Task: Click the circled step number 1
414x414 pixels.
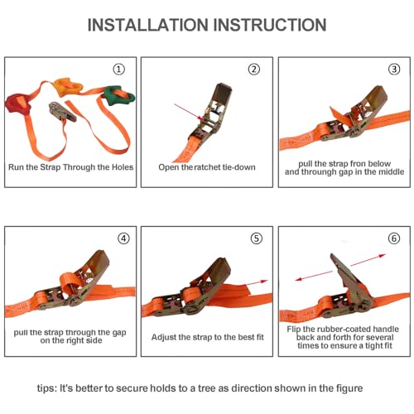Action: click(x=119, y=69)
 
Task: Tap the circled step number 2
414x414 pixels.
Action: click(x=254, y=69)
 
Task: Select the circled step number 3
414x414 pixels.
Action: click(x=394, y=69)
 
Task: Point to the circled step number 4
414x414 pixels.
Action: click(x=123, y=238)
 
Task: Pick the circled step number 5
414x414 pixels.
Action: click(x=257, y=238)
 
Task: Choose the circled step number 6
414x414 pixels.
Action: click(x=394, y=238)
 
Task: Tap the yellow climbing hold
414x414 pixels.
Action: click(x=68, y=87)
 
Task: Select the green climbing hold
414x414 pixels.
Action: click(x=118, y=96)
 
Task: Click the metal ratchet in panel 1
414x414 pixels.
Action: click(x=62, y=111)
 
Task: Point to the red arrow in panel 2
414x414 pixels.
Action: click(x=189, y=112)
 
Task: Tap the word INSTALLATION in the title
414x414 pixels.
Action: click(x=147, y=25)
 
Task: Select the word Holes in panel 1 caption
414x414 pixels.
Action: click(x=123, y=167)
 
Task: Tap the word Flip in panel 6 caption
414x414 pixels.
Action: click(x=294, y=330)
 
